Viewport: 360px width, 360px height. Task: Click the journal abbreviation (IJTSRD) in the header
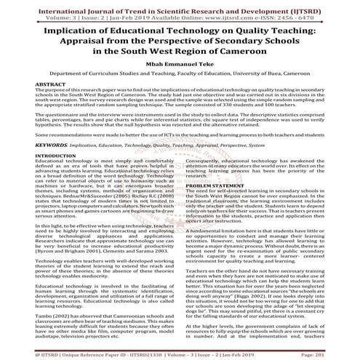(x=313, y=5)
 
